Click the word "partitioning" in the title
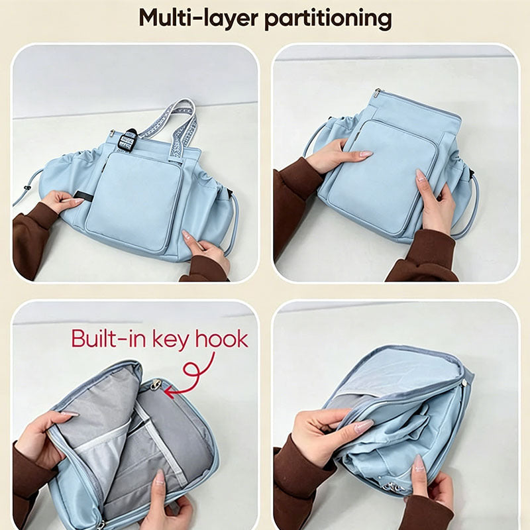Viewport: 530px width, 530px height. [328, 19]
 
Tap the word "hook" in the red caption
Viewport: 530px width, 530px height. [222, 339]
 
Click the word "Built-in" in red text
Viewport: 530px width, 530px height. [109, 339]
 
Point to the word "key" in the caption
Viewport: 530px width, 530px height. [171, 341]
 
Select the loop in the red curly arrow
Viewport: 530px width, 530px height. [192, 370]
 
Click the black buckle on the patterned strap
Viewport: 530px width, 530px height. [129, 139]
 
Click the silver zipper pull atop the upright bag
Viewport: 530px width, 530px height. [378, 93]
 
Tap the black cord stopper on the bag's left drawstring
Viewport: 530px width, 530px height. [28, 187]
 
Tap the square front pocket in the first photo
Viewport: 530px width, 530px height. [134, 201]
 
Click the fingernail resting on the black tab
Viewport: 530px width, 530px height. [78, 201]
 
